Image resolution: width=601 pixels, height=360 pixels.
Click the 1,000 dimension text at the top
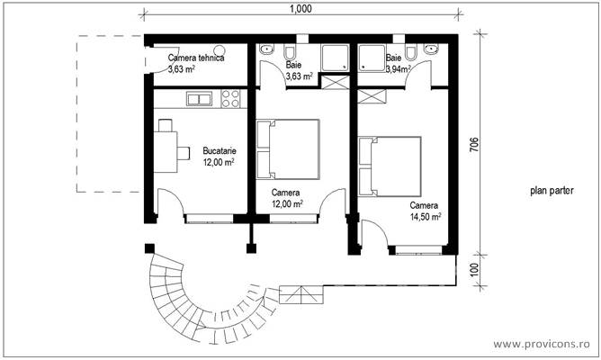301,9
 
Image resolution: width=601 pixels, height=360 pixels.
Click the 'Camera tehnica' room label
196,58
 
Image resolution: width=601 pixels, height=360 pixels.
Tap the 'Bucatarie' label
220,151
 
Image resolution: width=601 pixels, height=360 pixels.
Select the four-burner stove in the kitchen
230,97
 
